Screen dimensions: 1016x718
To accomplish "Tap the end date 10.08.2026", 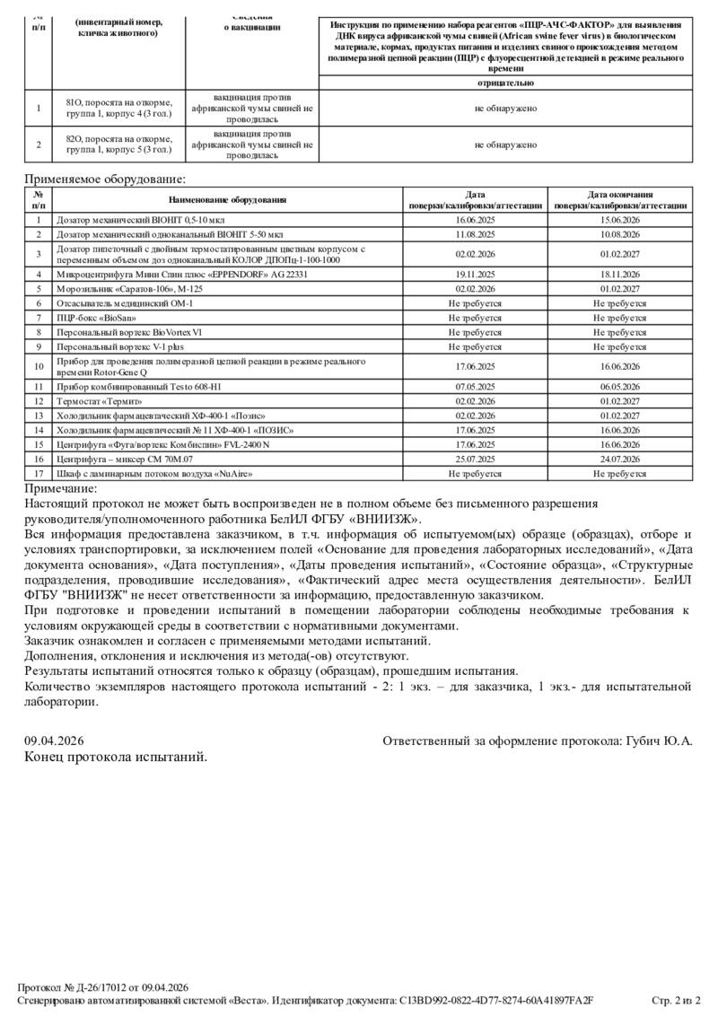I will point(619,233).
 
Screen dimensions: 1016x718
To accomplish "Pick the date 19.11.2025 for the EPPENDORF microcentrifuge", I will point(475,275).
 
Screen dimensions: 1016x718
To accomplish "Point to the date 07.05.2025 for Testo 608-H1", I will point(475,387).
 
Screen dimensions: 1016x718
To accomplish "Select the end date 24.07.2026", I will point(619,459).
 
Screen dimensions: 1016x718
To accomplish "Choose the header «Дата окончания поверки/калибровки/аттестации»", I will point(619,199).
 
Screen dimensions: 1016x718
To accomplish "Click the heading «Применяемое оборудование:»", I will point(105,180).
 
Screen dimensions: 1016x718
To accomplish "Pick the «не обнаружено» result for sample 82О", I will point(505,144).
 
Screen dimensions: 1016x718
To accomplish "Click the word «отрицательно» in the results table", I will point(505,83).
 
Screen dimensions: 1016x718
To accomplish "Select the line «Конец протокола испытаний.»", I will point(116,757).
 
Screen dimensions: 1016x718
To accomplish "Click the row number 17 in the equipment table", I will point(39,473).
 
